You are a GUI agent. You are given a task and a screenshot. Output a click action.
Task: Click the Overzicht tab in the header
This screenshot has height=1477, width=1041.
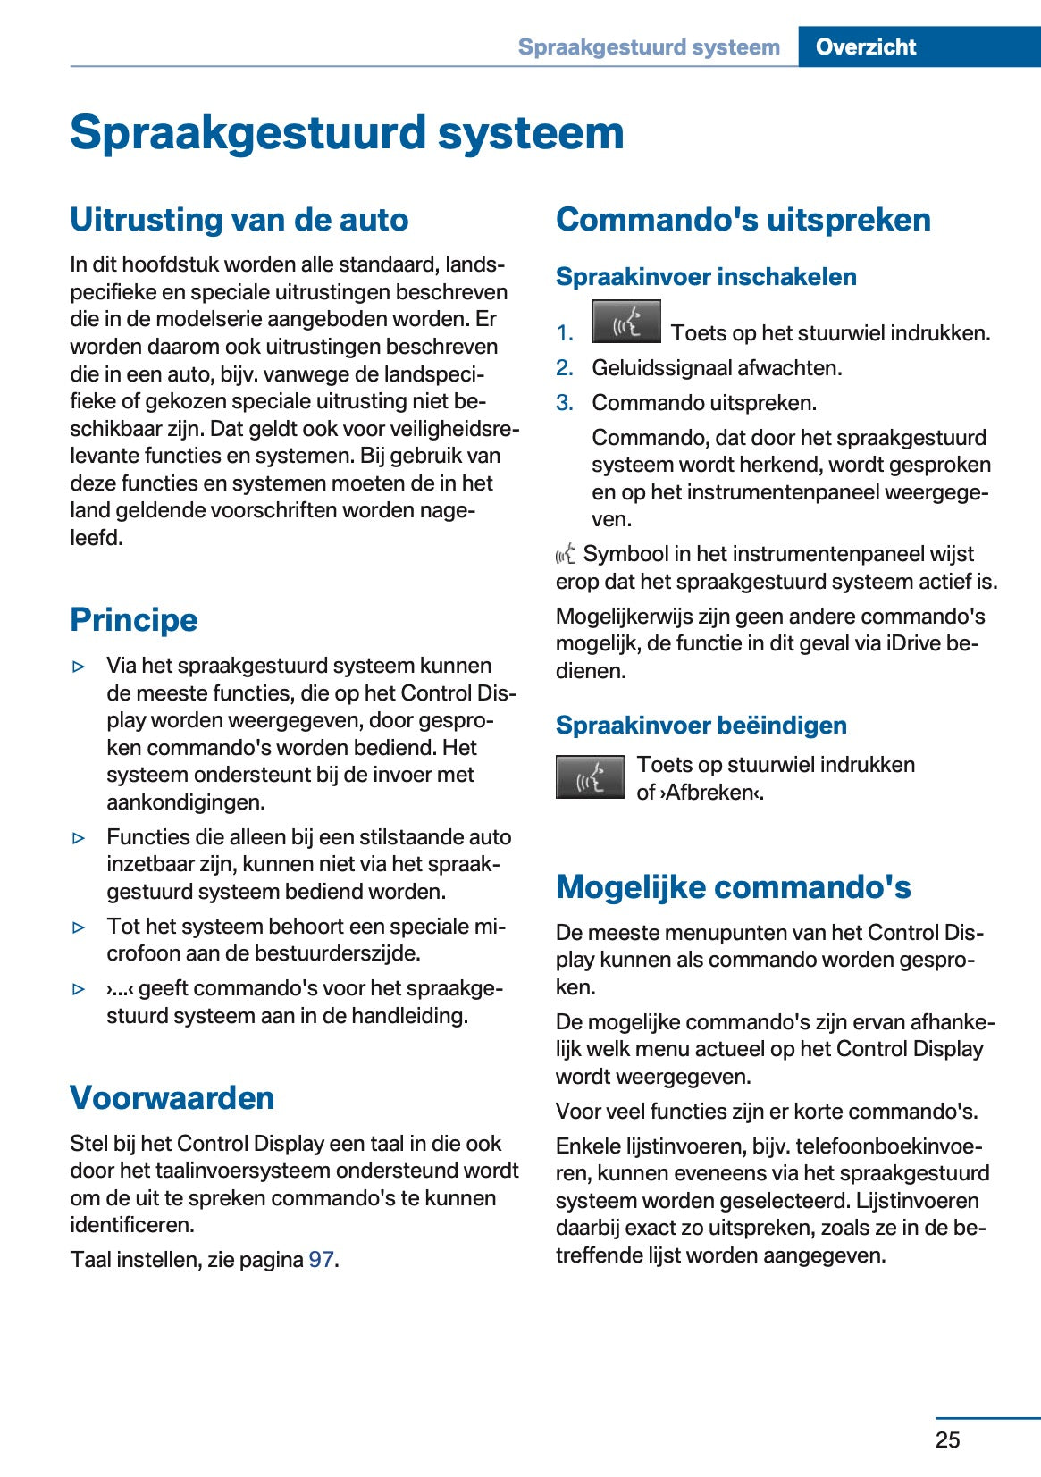tap(865, 46)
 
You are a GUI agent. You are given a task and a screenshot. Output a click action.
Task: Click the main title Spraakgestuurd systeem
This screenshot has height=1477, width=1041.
tap(347, 133)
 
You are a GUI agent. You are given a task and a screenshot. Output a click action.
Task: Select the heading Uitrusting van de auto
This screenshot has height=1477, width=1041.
tap(239, 219)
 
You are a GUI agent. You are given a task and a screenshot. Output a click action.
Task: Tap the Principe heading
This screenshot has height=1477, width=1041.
tap(134, 619)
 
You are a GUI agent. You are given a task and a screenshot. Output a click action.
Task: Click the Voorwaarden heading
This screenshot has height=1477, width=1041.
tap(172, 1097)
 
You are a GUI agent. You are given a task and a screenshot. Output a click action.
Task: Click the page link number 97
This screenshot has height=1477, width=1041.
tap(321, 1260)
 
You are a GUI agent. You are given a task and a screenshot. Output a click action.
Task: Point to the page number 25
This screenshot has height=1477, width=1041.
tap(947, 1439)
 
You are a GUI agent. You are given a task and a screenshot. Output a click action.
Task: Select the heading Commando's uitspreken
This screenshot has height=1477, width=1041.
tap(743, 219)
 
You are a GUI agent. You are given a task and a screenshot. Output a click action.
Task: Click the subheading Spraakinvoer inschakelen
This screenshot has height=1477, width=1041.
tap(706, 277)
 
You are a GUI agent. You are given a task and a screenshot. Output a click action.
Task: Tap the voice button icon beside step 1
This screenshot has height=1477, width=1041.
tap(625, 323)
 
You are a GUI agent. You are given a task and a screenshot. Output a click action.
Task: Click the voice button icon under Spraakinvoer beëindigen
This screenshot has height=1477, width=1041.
tap(590, 777)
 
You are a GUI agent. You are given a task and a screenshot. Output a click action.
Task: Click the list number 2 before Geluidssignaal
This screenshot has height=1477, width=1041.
tap(564, 368)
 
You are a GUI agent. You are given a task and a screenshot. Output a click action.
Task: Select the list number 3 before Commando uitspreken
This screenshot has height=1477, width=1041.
tap(564, 403)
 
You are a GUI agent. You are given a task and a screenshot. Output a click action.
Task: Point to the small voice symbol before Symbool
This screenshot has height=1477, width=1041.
tap(565, 555)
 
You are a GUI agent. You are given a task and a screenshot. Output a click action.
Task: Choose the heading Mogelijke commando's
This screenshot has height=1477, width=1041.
tap(733, 886)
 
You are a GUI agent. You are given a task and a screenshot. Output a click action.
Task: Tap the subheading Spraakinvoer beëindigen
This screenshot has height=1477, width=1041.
tap(701, 726)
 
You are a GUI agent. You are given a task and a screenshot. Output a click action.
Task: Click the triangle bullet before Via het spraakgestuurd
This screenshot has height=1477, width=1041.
tap(80, 667)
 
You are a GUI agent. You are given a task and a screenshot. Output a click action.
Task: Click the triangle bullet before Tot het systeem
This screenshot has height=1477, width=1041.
tap(80, 927)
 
